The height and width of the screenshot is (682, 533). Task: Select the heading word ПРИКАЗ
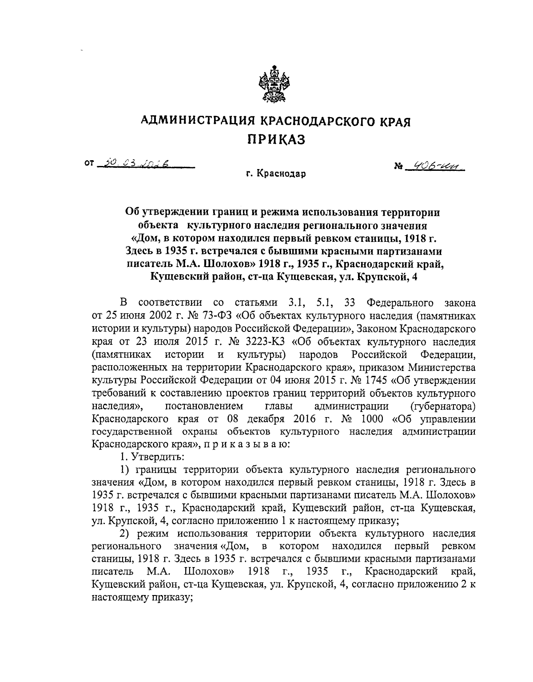coord(276,139)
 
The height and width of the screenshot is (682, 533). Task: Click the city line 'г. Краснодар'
coord(277,173)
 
